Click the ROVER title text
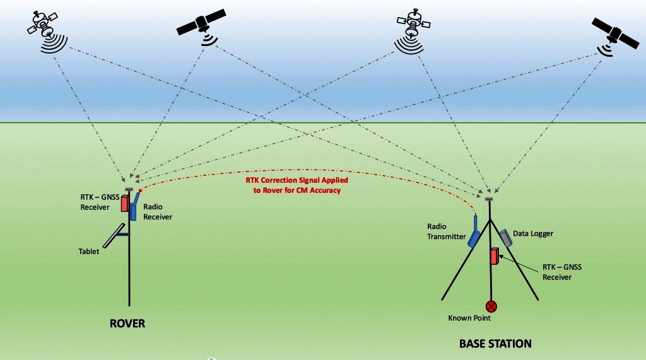(127, 323)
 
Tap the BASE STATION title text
(495, 344)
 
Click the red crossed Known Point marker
(491, 306)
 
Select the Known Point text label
(469, 318)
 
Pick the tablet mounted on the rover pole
(114, 236)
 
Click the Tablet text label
(88, 252)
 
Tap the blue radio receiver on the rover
(134, 207)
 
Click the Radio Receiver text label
(158, 212)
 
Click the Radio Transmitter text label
(446, 231)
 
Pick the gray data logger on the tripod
(505, 238)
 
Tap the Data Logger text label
(532, 233)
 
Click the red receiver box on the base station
(495, 256)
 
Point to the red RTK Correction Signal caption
(297, 185)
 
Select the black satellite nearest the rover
(201, 26)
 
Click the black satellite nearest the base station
(615, 36)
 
